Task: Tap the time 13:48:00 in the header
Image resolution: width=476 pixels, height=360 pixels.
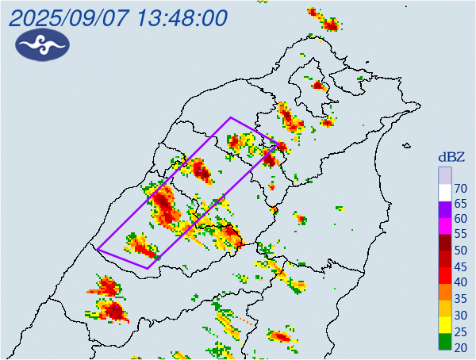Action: (181, 17)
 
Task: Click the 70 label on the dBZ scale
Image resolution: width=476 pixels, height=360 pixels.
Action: (459, 188)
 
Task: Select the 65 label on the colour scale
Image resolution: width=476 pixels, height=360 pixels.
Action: (459, 204)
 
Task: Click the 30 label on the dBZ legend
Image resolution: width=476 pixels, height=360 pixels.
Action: (459, 315)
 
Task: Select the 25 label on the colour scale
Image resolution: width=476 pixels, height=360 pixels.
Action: (459, 331)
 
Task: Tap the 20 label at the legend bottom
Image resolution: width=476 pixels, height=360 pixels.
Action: (459, 347)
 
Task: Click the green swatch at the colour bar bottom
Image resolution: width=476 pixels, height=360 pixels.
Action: (444, 343)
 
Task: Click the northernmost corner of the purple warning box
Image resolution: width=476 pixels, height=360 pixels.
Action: (231, 117)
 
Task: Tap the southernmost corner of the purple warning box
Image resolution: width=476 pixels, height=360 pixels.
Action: (148, 269)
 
